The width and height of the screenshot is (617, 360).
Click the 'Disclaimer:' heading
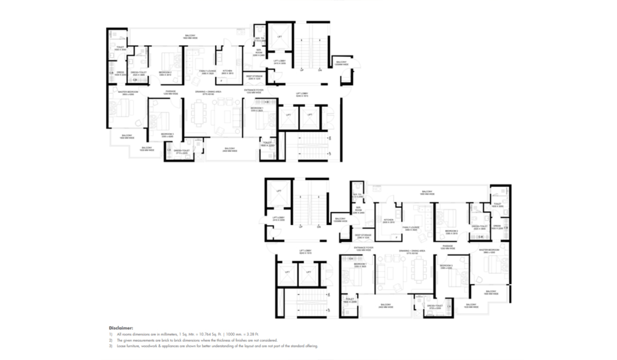121,328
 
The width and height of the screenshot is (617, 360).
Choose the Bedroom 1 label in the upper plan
257,109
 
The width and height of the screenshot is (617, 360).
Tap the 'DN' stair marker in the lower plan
319,227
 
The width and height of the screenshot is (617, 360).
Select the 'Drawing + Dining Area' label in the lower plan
412,252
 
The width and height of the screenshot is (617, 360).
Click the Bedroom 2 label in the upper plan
165,73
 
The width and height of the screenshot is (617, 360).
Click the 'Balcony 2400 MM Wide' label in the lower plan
387,306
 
